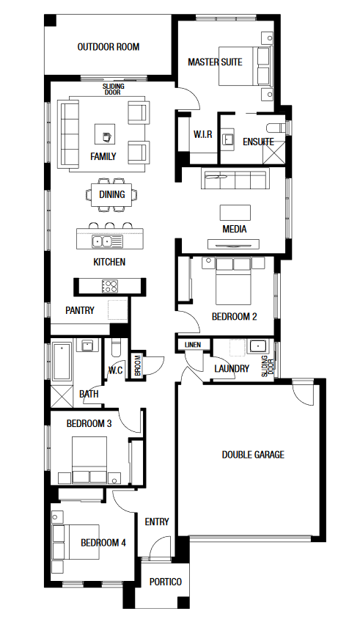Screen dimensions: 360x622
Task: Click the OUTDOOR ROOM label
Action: pos(109,47)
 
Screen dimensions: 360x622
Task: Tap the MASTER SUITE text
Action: pos(215,62)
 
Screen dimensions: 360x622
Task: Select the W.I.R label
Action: pos(202,134)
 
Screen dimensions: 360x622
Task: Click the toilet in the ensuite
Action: pos(276,128)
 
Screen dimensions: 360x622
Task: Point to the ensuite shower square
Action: pos(274,152)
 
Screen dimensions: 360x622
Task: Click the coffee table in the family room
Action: pos(105,134)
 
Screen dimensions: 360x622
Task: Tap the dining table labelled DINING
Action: pos(111,194)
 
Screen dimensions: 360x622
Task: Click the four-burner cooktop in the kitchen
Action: pos(110,286)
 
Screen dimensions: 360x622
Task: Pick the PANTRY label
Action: pos(80,310)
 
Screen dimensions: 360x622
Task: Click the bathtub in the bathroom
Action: pos(62,362)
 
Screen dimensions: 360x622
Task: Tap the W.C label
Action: pos(115,370)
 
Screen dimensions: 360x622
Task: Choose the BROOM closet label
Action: pos(138,365)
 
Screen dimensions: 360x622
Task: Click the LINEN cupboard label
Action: pos(193,345)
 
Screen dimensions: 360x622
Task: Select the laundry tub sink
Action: pos(257,347)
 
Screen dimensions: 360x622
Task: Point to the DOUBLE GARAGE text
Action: pos(253,455)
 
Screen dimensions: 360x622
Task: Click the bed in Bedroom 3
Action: pos(89,459)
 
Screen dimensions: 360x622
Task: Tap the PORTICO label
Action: pos(166,582)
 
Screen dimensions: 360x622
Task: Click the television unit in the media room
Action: pos(234,244)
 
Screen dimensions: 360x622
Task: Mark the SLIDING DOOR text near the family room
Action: pos(114,89)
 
